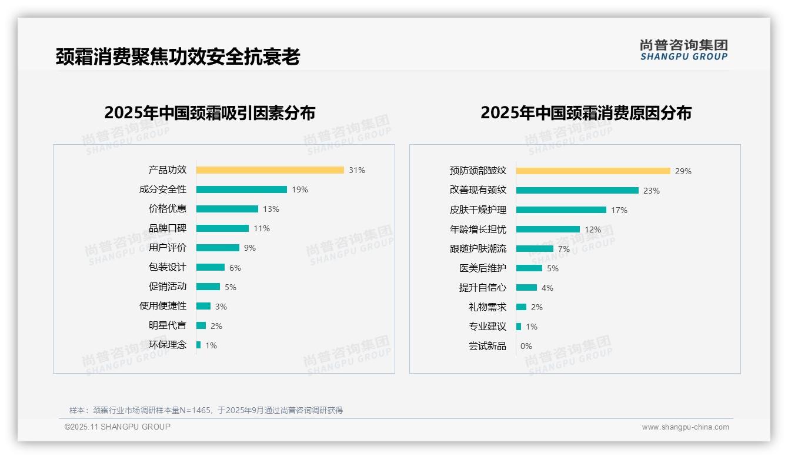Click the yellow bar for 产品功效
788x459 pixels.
(x=270, y=170)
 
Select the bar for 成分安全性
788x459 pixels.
(x=242, y=189)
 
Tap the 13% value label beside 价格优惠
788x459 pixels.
(x=271, y=209)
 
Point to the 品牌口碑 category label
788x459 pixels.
(x=168, y=228)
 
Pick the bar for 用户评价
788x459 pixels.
(x=218, y=248)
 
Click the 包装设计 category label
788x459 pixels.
(x=168, y=267)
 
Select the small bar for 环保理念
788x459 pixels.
(x=199, y=345)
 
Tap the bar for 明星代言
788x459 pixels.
(x=201, y=325)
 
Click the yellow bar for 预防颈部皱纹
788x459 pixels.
(x=593, y=171)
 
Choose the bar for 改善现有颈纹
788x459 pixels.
(x=577, y=191)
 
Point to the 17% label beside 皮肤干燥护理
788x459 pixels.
(x=619, y=210)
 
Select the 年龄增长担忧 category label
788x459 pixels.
(x=478, y=229)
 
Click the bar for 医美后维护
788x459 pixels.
(x=529, y=268)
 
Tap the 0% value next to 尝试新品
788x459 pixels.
(x=526, y=346)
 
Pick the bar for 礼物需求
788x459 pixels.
(x=521, y=307)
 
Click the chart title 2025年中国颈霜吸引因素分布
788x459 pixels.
(x=210, y=113)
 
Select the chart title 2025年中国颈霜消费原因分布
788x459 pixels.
(x=586, y=113)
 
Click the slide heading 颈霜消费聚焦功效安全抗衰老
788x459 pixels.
(x=178, y=56)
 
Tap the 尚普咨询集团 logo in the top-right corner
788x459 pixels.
(x=684, y=49)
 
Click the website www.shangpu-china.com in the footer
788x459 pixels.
(x=685, y=427)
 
